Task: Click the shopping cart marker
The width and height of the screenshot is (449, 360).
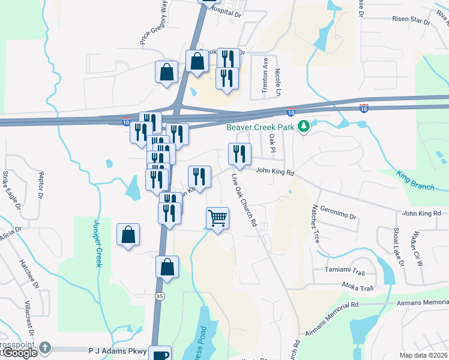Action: coord(217,218)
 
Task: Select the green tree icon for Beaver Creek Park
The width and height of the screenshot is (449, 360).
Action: coord(304,126)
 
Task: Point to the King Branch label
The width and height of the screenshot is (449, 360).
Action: coord(415,181)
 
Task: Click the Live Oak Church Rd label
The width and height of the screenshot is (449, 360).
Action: coord(245,200)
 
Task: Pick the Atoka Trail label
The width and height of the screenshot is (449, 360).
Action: coord(358,288)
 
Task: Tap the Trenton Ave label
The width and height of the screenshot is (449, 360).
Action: coord(265,75)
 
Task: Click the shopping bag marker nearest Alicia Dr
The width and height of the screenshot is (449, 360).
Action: coord(128,236)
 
